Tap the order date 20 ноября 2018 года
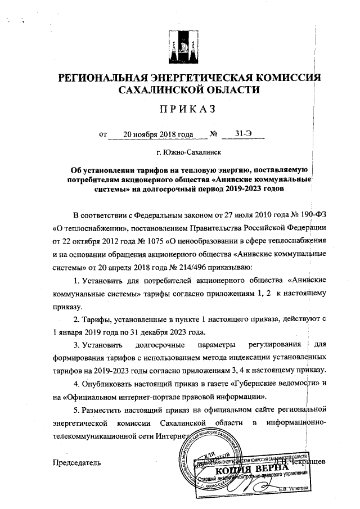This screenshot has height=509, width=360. coord(150,134)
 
